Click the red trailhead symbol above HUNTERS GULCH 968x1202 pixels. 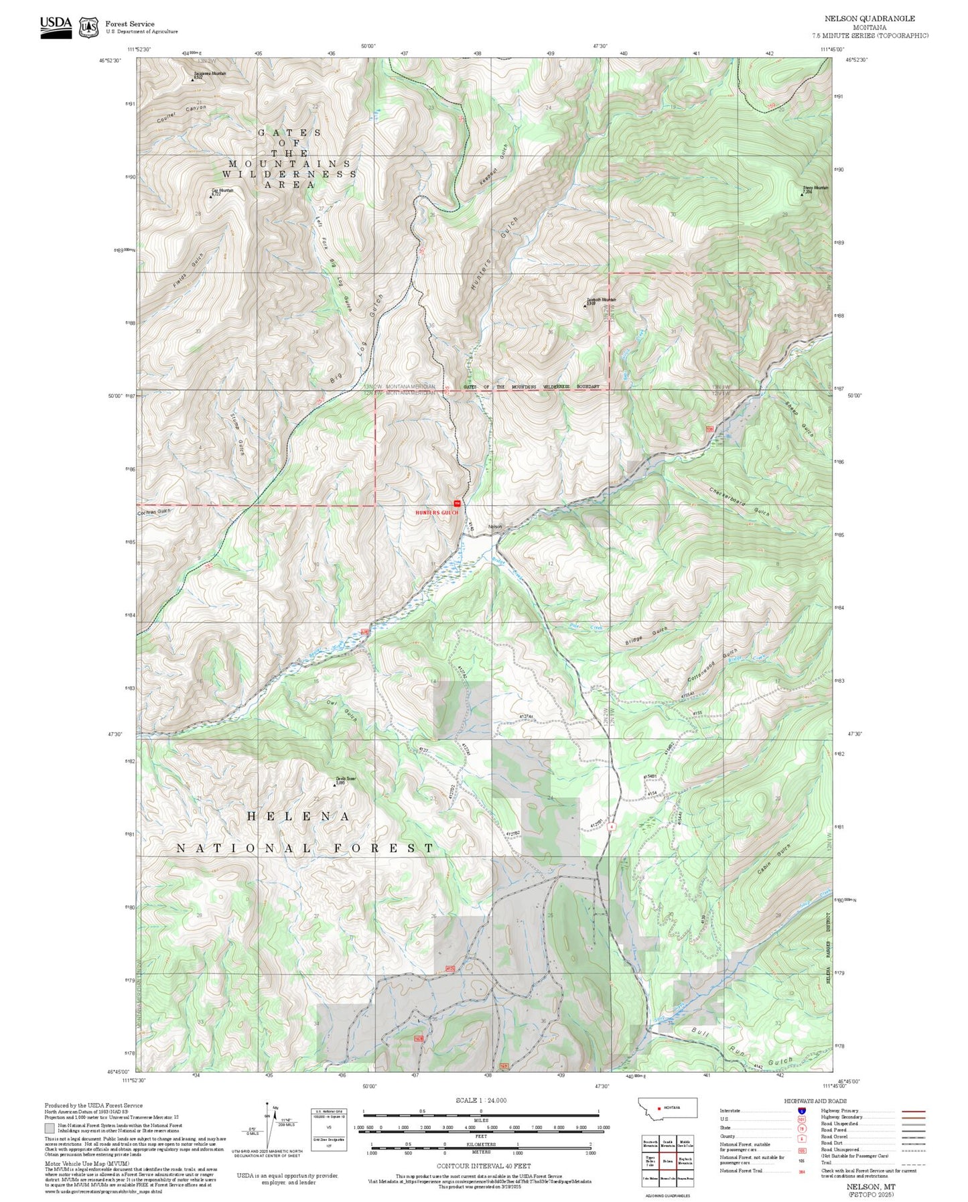point(458,503)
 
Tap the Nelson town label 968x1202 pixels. point(495,527)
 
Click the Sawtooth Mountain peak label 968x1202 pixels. point(601,301)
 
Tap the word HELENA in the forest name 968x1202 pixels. point(299,816)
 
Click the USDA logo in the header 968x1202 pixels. point(56,26)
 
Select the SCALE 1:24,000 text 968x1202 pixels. point(481,1100)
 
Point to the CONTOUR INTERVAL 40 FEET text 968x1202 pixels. point(483,1166)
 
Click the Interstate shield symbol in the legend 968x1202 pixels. point(802,1111)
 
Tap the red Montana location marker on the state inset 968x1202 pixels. point(659,1108)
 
